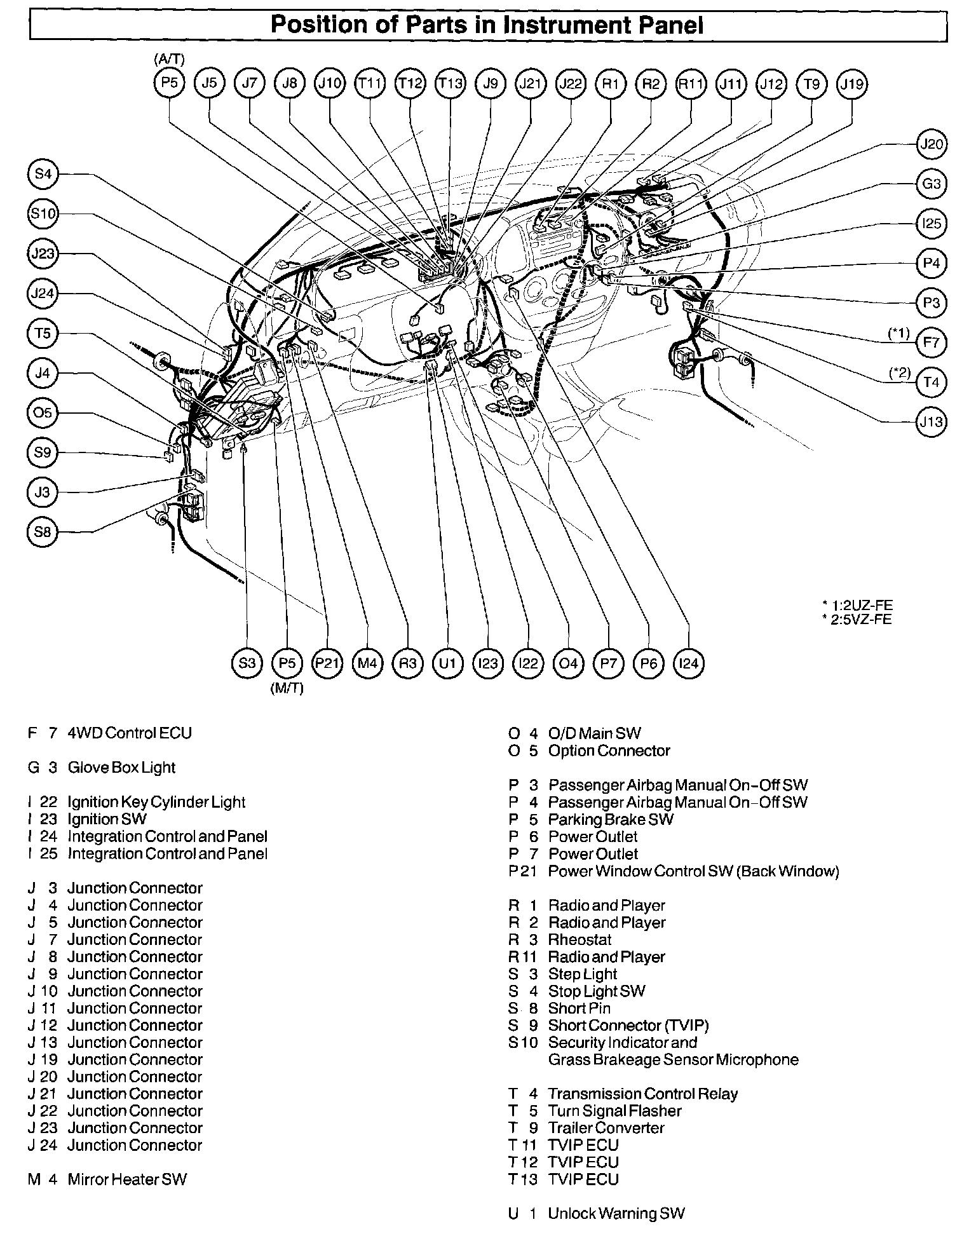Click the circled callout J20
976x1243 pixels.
coord(932,145)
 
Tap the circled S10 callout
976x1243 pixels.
coord(43,214)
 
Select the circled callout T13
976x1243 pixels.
coord(450,83)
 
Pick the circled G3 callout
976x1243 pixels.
coord(932,184)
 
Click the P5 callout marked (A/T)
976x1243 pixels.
coord(170,83)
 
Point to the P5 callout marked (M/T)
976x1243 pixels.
coord(287,663)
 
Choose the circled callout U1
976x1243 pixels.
coord(448,663)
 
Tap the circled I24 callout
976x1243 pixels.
coord(689,663)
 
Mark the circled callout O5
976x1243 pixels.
coord(43,413)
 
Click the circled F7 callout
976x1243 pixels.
coord(932,343)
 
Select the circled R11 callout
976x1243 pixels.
coord(691,83)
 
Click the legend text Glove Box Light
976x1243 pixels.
coord(121,768)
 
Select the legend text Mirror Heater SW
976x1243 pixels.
coord(127,1180)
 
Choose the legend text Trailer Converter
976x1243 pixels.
coord(606,1129)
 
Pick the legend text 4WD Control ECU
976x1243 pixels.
coord(130,733)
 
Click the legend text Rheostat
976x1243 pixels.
coord(579,940)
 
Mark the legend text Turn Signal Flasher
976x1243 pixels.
coord(614,1111)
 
